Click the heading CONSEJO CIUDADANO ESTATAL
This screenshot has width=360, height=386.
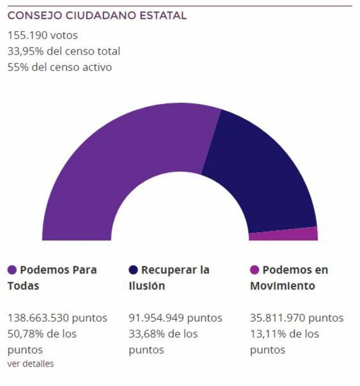(97, 16)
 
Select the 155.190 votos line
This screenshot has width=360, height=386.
(42, 36)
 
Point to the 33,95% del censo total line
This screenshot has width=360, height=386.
(64, 51)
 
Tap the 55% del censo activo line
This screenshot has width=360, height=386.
(60, 67)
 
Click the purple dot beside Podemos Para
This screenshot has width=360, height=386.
(12, 270)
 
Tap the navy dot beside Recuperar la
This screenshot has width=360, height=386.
(134, 270)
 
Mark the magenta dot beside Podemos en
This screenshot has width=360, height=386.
(254, 270)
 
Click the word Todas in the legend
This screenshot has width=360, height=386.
(23, 286)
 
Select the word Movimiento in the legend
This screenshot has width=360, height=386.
(282, 286)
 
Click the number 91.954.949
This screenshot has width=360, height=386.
(157, 318)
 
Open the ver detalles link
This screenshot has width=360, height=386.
(30, 364)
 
